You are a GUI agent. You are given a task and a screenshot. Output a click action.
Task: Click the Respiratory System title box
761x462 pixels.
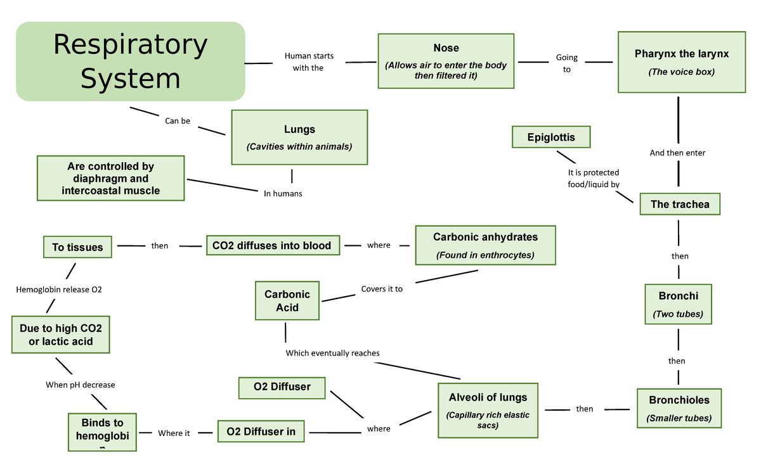click(130, 61)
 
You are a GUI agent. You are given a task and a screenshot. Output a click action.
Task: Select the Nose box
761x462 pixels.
click(446, 61)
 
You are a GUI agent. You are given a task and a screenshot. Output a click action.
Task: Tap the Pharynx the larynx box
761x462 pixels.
click(681, 62)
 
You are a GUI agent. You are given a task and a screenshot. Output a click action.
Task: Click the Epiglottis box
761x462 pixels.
click(551, 137)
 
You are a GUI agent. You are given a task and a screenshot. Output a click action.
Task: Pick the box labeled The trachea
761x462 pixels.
click(679, 204)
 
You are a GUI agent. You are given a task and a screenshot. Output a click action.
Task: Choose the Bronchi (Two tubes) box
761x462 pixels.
click(678, 304)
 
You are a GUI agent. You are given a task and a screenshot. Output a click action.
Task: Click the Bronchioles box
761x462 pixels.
click(679, 408)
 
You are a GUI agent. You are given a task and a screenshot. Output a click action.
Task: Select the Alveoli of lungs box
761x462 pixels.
click(488, 409)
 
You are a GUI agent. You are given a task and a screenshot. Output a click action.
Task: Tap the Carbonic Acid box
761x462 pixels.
click(287, 301)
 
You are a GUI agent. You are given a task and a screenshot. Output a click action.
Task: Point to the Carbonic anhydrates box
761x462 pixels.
click(485, 245)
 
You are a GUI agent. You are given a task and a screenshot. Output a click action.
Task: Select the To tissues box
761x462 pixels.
click(77, 247)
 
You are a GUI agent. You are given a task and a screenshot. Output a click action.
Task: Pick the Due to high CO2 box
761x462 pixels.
click(61, 335)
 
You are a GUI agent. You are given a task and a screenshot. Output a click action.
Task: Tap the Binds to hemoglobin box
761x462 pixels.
click(102, 432)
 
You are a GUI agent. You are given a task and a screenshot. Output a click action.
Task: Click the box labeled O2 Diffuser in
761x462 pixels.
click(261, 432)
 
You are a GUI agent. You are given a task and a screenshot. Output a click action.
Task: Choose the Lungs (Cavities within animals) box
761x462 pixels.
click(299, 138)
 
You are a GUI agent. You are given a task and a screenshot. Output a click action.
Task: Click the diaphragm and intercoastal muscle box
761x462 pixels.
click(111, 178)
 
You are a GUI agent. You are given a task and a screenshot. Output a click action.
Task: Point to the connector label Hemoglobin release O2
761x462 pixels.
click(58, 290)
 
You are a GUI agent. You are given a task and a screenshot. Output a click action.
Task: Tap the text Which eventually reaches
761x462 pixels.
click(332, 353)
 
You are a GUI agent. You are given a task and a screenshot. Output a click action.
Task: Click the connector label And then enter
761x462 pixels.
click(677, 153)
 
